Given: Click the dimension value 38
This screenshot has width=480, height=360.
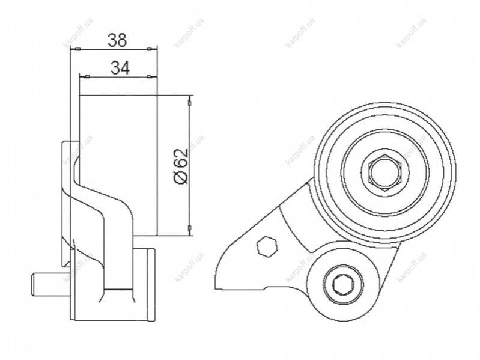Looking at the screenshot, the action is tap(117, 40).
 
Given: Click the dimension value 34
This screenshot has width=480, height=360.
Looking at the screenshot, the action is tap(120, 68).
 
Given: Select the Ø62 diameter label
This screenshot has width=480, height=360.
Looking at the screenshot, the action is tap(180, 167).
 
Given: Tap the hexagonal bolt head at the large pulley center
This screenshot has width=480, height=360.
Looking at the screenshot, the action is tap(384, 173).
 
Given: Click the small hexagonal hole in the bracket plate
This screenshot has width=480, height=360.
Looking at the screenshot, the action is tap(267, 246).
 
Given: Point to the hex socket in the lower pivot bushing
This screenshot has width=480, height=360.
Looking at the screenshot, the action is tap(341, 285).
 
